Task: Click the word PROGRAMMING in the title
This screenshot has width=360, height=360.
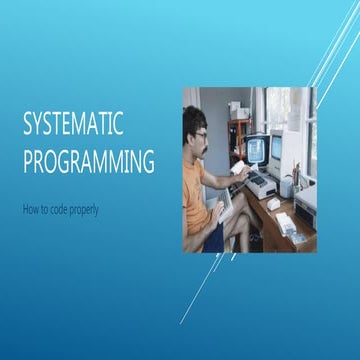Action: [89, 161]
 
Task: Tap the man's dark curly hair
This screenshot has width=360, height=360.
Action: [193, 120]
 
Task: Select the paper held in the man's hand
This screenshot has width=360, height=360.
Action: [238, 167]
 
